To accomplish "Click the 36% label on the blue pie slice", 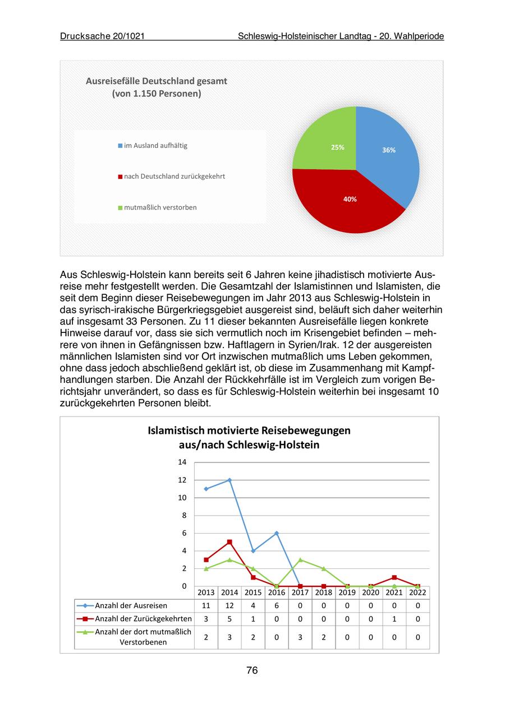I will [x=389, y=150].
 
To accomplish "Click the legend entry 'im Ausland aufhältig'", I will [x=155, y=146].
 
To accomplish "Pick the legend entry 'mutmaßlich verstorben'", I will [x=160, y=207].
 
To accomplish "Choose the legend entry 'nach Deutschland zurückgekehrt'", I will [x=174, y=177].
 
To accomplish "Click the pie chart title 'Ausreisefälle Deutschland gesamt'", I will [x=157, y=81].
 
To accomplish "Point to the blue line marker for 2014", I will [x=229, y=480].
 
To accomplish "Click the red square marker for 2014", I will [x=229, y=542].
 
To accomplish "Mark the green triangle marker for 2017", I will [x=300, y=559].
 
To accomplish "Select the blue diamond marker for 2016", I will [x=277, y=533].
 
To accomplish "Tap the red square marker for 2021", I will [x=394, y=577].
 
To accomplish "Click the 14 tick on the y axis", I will [x=182, y=462].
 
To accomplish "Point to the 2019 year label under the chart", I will [x=347, y=592].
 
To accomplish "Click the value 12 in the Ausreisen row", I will [x=229, y=605].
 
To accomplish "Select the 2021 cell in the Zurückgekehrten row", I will [x=394, y=619].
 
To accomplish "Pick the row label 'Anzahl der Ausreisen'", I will [x=131, y=605].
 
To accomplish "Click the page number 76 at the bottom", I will [x=252, y=670].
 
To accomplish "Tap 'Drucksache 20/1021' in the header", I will [x=102, y=36].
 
